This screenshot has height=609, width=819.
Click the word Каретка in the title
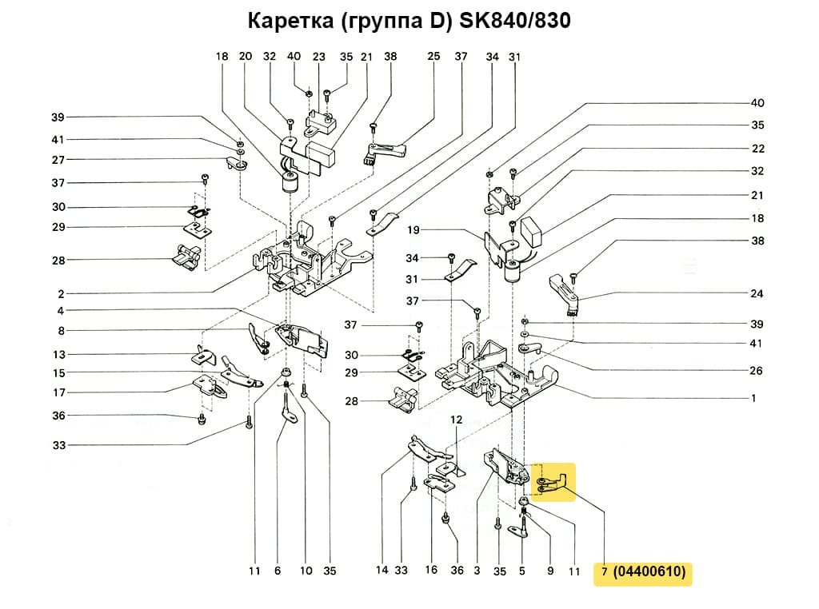click(x=290, y=21)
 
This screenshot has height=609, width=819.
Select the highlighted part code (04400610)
click(x=650, y=571)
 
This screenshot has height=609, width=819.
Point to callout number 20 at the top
click(x=246, y=57)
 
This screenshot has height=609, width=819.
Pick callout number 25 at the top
click(x=434, y=57)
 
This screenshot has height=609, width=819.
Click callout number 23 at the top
click(x=319, y=57)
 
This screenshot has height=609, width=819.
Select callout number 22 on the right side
click(x=757, y=149)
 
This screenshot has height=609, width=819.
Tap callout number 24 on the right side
click(x=757, y=293)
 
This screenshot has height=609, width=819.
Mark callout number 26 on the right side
click(x=757, y=371)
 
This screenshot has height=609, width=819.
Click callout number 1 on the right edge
click(x=753, y=397)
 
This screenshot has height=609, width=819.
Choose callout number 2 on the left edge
click(x=61, y=293)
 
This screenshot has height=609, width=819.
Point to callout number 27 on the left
click(x=58, y=159)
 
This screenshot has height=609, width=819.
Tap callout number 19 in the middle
click(x=413, y=230)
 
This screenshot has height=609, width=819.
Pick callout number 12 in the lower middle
click(x=457, y=420)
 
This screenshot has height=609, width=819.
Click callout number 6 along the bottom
click(x=278, y=571)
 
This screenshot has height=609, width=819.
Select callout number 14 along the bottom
click(x=382, y=571)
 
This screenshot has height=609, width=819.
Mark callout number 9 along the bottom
click(x=550, y=571)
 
